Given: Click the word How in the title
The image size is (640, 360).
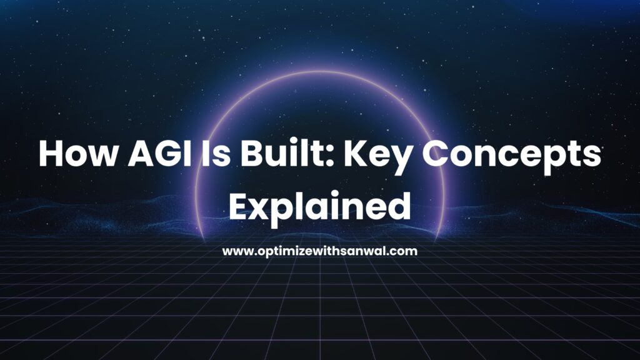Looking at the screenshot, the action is [77, 154].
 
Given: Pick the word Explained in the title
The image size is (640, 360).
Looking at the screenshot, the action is [319, 207].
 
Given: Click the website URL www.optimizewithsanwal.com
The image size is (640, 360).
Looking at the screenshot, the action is [320, 251].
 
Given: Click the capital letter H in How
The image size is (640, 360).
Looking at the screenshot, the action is [51, 154].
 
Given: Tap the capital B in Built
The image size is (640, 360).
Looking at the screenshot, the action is [251, 154].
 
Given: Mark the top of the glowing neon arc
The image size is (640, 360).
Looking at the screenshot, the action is [319, 72].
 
